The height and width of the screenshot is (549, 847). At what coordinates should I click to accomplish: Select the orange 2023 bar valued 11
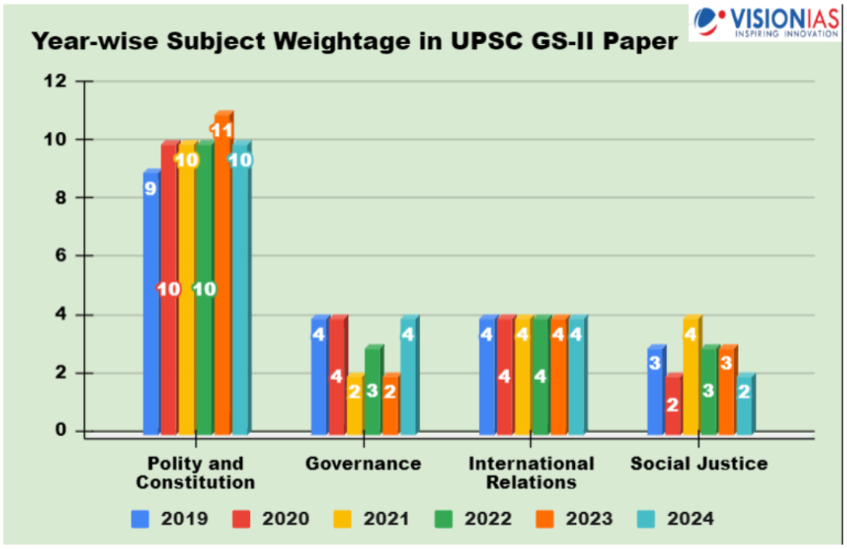[222, 275]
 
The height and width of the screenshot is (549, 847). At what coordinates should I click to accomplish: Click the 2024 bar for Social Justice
[744, 404]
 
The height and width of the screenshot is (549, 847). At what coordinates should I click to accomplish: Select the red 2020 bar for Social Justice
[673, 404]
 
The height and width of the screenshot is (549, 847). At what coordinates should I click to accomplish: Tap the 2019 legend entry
[170, 518]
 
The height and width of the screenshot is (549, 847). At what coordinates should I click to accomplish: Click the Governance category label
[363, 463]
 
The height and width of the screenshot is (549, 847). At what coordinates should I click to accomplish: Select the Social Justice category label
[698, 463]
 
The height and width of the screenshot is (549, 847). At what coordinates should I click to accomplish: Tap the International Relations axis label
[531, 472]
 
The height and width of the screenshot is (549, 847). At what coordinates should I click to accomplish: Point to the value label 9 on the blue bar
[150, 188]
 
